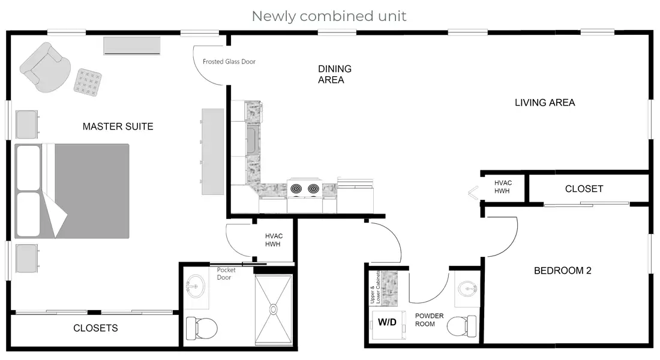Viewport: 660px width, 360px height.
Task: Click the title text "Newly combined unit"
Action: coord(329,16)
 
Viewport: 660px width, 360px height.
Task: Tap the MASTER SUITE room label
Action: coord(118,127)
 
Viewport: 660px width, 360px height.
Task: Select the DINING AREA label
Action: coord(335,74)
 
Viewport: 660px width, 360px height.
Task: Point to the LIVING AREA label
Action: coord(545,103)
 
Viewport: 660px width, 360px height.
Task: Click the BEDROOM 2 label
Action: coord(562,271)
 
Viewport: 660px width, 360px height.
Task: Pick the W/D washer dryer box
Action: coord(387,322)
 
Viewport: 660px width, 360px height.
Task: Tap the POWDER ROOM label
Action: coord(429,320)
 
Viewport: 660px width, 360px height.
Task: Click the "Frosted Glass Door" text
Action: coord(229,62)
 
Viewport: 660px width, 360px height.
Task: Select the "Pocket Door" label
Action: coord(227,274)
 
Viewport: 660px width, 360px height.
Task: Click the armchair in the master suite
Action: coord(45,67)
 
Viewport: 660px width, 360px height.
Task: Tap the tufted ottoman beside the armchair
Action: coord(88,82)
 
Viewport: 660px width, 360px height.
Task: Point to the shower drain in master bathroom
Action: coord(274,310)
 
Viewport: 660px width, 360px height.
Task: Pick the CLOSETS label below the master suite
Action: coord(95,328)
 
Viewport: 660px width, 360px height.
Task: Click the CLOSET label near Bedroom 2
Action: coord(584,189)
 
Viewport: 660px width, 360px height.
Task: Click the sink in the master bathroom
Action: coord(196,286)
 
